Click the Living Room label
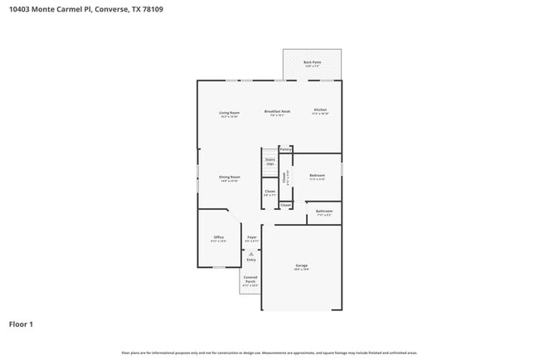click(229, 112)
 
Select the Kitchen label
click(320, 110)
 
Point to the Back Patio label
click(312, 62)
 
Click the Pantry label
click(285, 149)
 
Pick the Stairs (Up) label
click(269, 162)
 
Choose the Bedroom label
click(317, 175)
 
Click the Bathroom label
click(323, 212)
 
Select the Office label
click(219, 237)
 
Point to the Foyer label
click(251, 237)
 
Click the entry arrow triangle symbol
click(250, 252)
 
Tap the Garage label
click(301, 265)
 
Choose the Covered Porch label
click(250, 280)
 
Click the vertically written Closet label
click(284, 177)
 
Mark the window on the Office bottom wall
click(219, 267)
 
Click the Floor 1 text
click(21, 324)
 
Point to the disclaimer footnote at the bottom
click(269, 353)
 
